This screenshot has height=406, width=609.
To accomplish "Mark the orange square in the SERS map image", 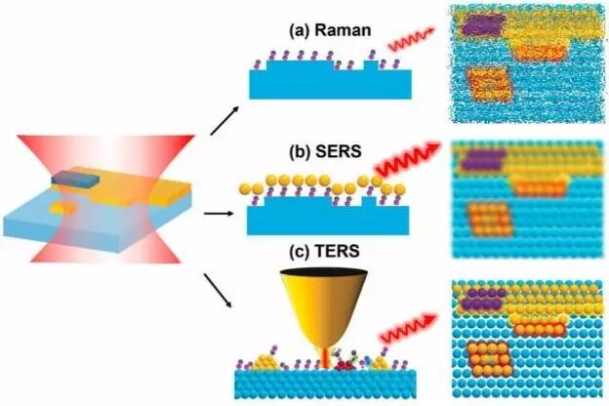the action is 485,217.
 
